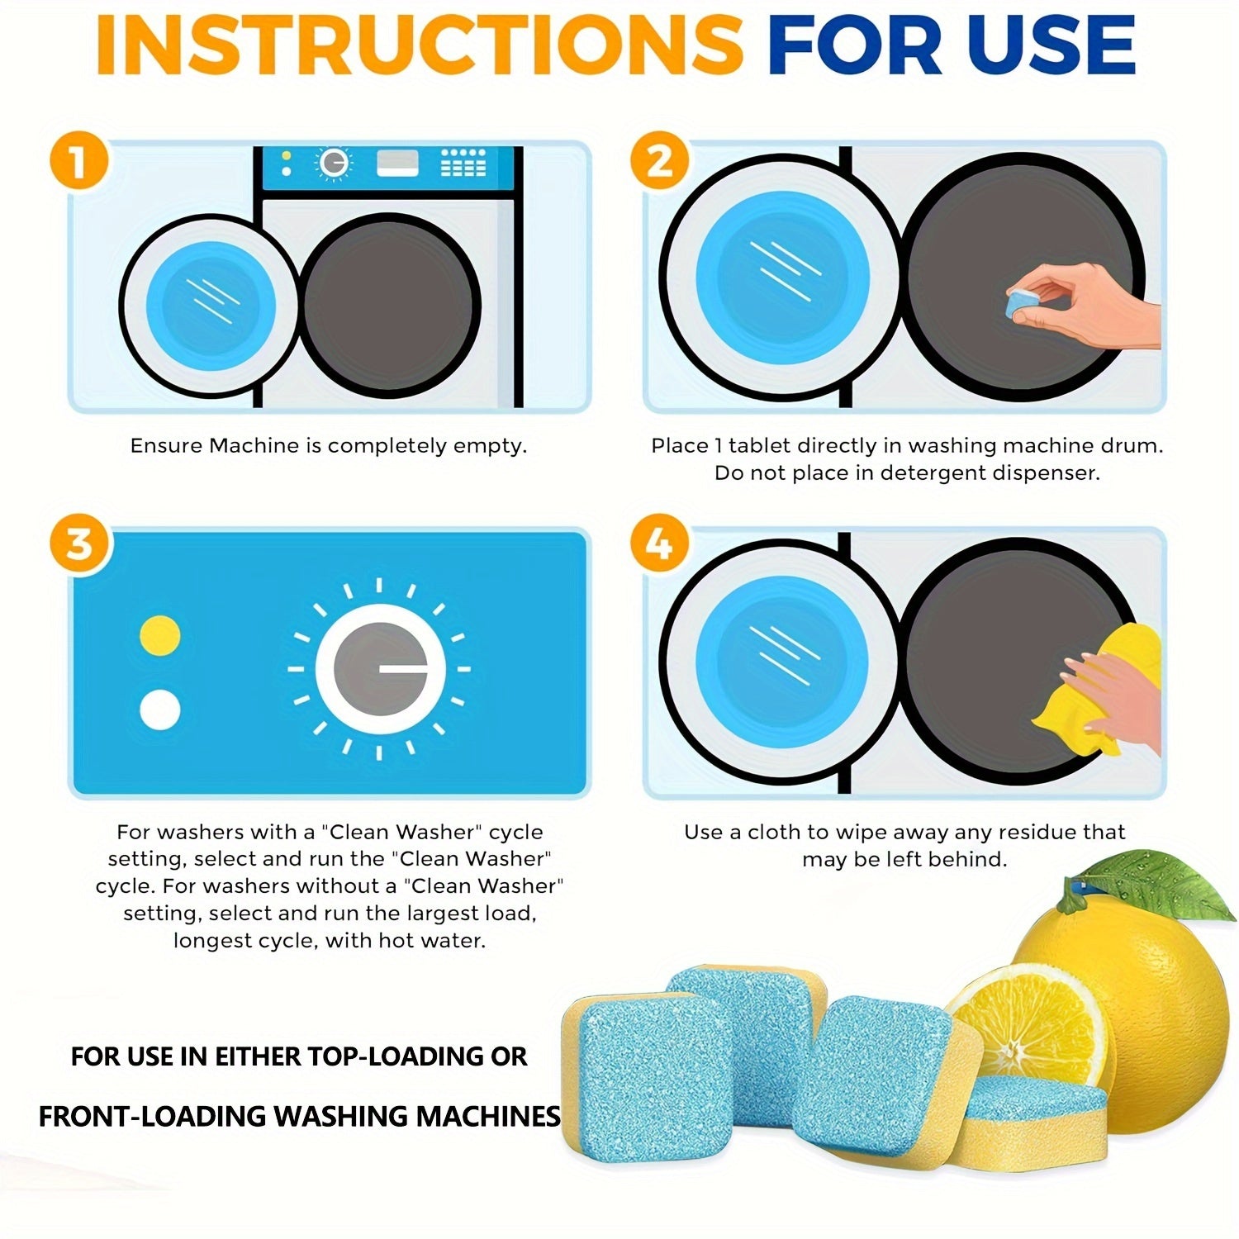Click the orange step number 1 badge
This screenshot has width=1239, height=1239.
(x=78, y=162)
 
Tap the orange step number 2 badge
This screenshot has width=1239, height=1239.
(x=659, y=162)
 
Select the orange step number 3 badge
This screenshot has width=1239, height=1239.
(x=78, y=545)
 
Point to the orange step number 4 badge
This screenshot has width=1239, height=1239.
(x=659, y=545)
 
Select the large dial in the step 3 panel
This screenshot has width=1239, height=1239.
(x=380, y=668)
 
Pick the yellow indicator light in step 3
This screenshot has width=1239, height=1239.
(x=160, y=635)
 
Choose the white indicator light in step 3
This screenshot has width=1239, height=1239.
(x=160, y=710)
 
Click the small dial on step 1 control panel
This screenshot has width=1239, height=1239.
(x=333, y=164)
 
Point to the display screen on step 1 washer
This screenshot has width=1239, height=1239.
(x=397, y=163)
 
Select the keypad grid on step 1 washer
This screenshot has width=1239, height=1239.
(x=463, y=163)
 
